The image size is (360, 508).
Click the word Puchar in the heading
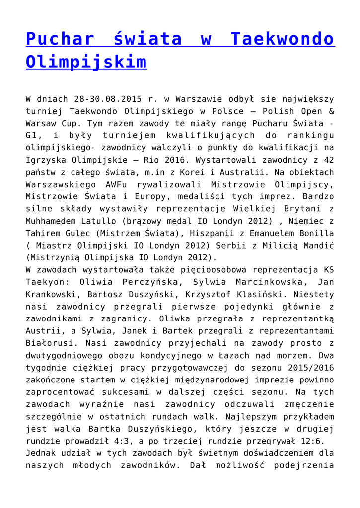coord(59,39)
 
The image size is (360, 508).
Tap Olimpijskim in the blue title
coord(86,63)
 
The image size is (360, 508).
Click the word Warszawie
coord(188,99)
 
